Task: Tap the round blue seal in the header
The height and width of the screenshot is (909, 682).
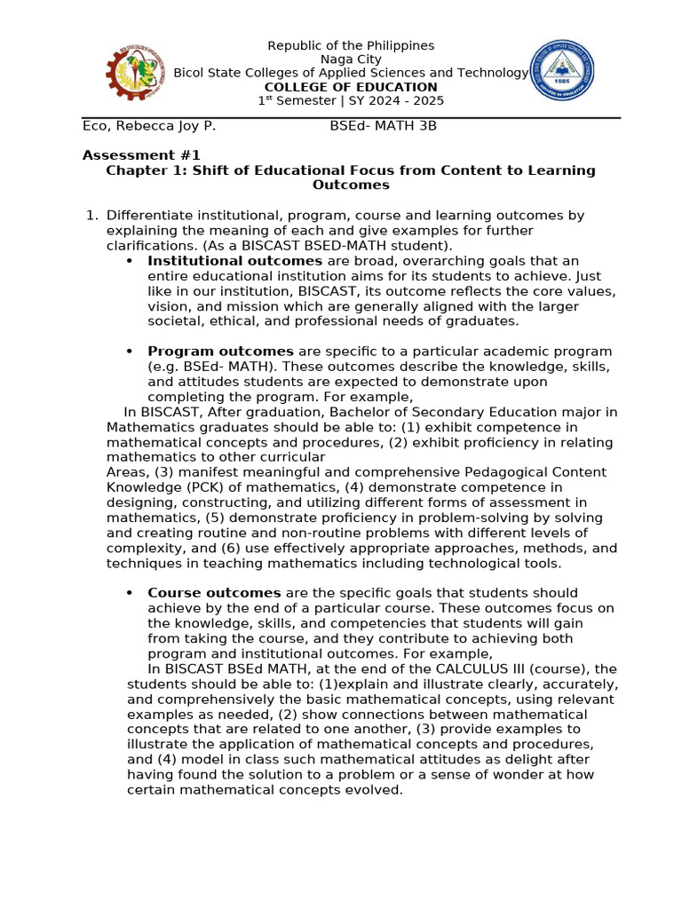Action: [560, 70]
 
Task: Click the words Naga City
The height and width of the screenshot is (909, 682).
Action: [351, 59]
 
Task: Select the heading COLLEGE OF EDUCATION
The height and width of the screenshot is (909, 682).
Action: [351, 87]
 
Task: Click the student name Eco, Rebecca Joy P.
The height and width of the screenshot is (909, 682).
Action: [149, 126]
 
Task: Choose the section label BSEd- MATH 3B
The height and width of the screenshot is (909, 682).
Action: [383, 126]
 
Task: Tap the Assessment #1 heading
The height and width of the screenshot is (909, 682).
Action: [141, 155]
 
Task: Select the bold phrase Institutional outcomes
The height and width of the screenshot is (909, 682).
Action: [234, 261]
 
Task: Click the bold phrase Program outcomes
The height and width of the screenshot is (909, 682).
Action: [220, 352]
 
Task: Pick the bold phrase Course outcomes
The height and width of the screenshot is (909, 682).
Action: [214, 593]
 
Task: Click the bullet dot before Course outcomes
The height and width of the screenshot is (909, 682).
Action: [130, 593]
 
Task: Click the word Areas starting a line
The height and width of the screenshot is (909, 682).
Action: [126, 472]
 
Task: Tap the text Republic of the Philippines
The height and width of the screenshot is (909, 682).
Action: [351, 45]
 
